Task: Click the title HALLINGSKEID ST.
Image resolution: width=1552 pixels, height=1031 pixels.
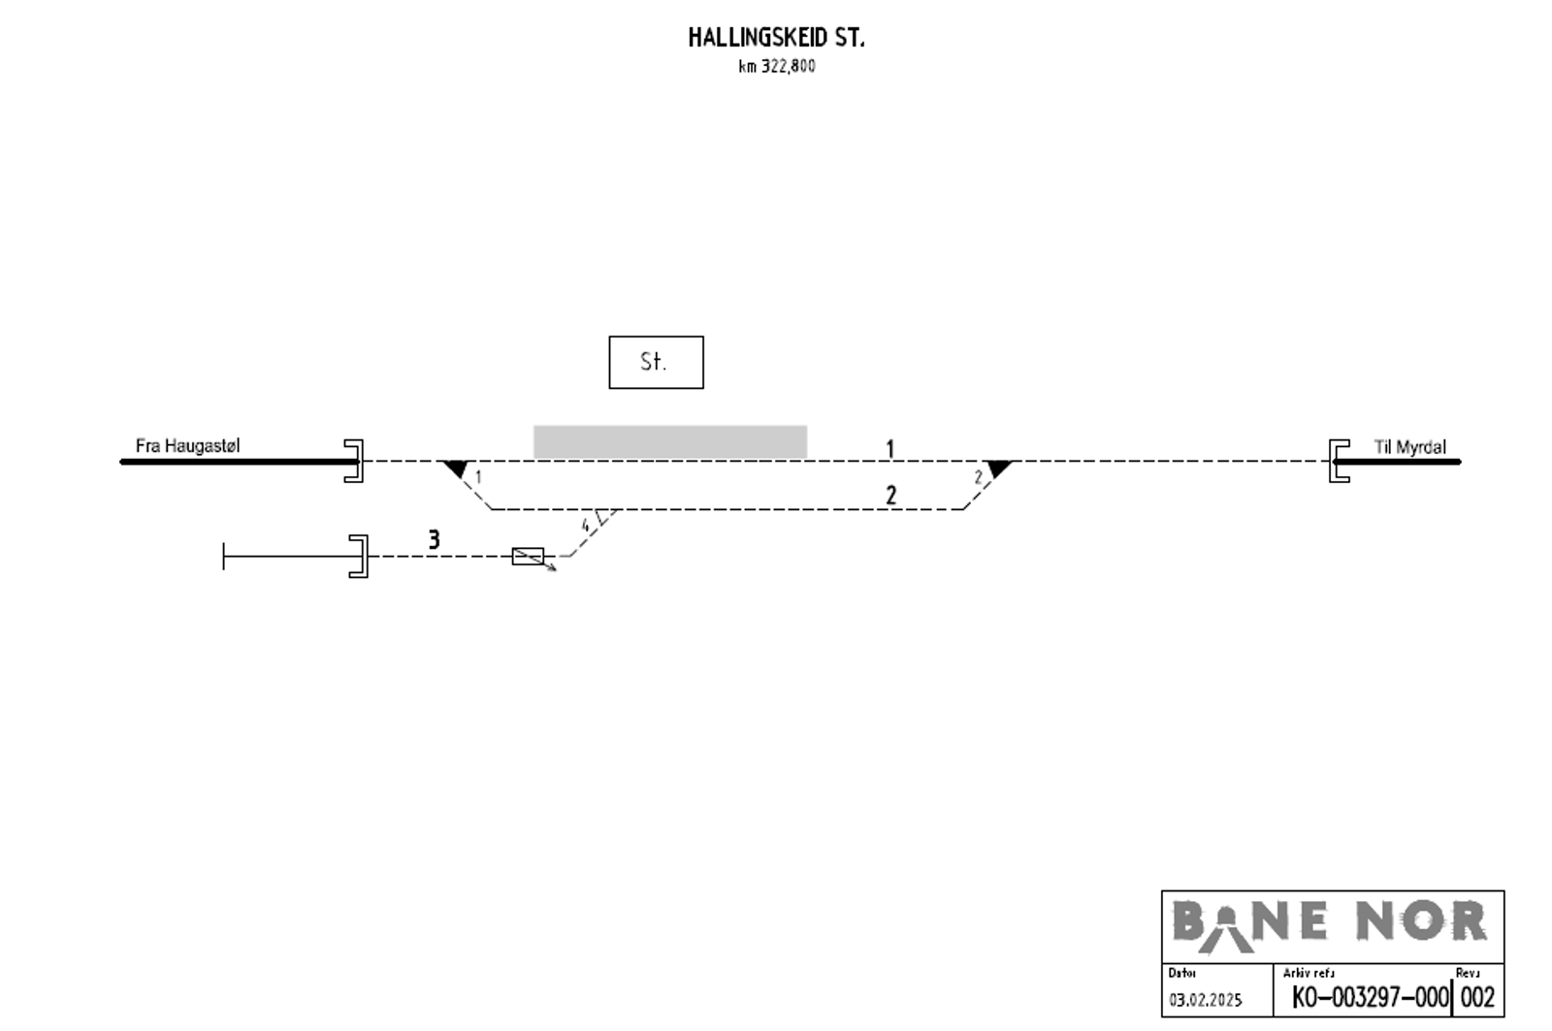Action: click(776, 38)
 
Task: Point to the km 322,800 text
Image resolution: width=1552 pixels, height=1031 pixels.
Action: click(777, 67)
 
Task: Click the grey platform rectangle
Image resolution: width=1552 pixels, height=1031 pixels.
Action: click(670, 442)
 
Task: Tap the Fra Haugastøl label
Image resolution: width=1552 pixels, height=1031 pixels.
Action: click(188, 445)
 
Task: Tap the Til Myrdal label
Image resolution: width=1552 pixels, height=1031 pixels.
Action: click(1410, 447)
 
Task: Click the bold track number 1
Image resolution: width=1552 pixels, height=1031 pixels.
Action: click(890, 450)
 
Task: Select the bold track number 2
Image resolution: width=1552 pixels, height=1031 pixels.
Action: click(891, 496)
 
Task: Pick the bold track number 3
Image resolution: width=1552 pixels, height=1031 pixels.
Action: click(434, 540)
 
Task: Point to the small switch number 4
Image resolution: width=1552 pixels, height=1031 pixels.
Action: click(585, 526)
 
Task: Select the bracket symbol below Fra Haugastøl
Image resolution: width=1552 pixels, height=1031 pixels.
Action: click(361, 461)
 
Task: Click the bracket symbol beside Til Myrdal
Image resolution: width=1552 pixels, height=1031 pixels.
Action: click(1332, 461)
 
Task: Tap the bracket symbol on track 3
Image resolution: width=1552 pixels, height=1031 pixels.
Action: click(365, 557)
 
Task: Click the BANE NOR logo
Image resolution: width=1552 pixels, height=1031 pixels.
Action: click(1330, 925)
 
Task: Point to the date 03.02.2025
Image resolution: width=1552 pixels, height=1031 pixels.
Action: click(1206, 1001)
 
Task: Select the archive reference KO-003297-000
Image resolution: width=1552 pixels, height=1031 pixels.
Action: click(1371, 998)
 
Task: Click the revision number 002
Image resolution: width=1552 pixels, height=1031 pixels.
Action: click(1477, 998)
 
